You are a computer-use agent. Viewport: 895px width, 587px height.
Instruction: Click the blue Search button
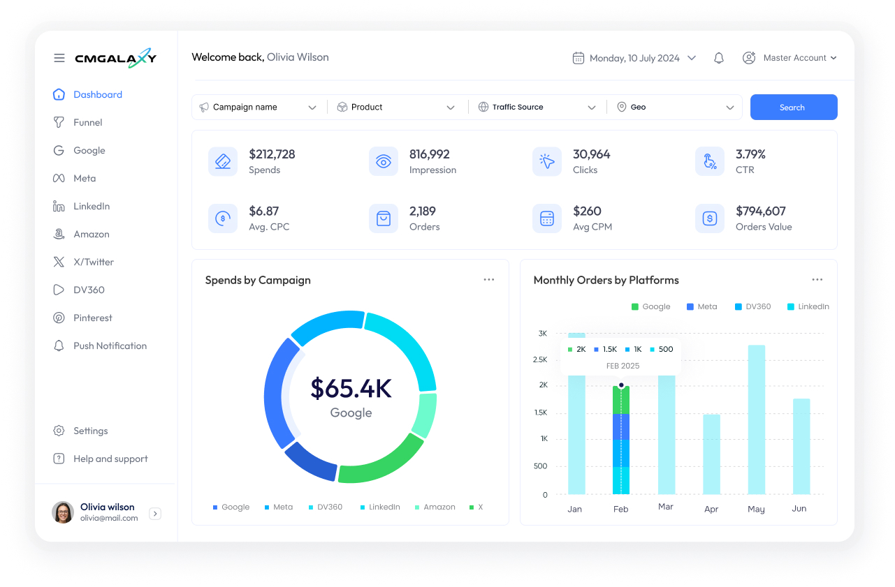793,107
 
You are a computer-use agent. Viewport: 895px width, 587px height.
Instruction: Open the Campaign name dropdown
258,107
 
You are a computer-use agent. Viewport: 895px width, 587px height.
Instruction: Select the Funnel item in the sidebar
87,123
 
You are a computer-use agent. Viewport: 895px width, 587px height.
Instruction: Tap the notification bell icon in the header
718,59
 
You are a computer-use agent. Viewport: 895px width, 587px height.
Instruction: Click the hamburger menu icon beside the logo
59,59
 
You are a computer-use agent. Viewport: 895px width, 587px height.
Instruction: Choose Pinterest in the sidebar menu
92,318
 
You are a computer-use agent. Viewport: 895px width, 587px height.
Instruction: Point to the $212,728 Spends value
272,154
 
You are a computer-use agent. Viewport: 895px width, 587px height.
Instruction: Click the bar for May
756,419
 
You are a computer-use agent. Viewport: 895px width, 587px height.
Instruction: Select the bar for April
711,454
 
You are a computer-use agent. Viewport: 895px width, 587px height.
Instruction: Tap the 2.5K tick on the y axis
539,359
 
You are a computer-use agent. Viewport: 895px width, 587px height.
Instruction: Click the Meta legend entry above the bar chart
702,307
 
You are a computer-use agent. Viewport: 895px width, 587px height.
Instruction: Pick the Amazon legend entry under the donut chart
435,507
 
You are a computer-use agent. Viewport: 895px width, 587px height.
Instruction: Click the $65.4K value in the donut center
351,389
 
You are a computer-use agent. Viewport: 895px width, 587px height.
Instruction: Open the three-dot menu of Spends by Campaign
488,280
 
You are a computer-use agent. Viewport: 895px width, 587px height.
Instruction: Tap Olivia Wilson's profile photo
63,512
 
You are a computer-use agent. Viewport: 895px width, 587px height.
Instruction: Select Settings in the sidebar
90,431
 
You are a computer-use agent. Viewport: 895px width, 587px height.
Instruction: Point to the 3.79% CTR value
750,154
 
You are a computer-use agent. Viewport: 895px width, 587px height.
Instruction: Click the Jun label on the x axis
799,509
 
